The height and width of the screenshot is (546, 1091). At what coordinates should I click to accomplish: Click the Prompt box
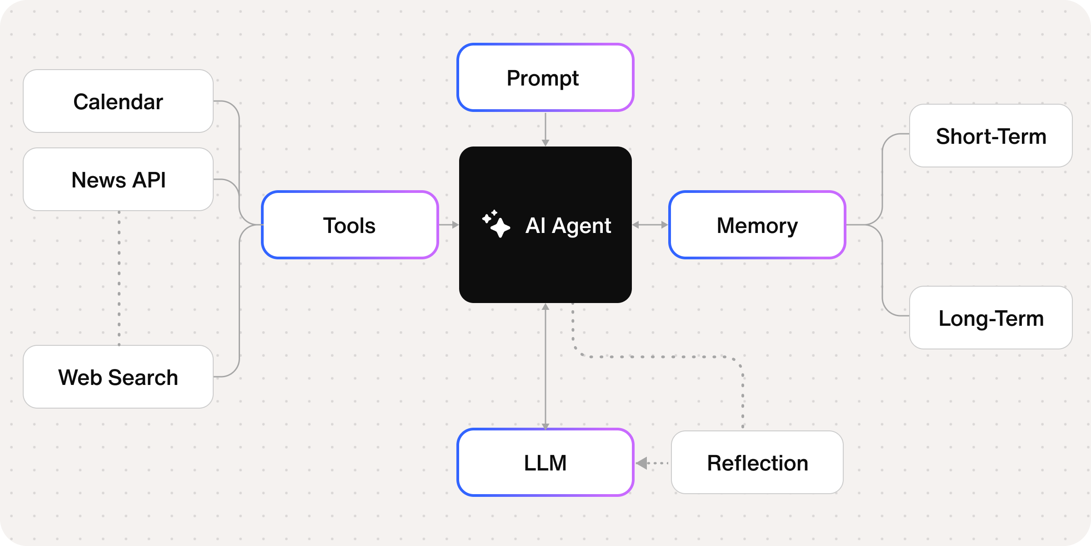coord(545,78)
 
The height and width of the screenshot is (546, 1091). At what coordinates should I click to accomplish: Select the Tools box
coord(350,225)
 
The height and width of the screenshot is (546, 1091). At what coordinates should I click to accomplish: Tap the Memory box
coord(757,225)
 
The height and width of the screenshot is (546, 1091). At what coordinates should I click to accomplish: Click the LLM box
coord(545,463)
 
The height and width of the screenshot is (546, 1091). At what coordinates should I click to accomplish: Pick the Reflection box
coord(757,463)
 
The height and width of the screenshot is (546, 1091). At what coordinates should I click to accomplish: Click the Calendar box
coord(118,101)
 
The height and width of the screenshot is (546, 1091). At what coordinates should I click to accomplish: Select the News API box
coord(118,180)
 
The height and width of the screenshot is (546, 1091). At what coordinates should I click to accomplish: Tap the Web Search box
coord(118,377)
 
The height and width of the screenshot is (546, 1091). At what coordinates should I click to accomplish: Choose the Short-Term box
coord(991,136)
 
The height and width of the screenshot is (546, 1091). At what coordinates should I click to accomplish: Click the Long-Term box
coord(991,318)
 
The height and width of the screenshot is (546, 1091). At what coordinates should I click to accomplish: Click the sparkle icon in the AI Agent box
coord(496,224)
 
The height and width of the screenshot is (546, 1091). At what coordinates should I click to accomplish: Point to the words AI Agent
coord(568,225)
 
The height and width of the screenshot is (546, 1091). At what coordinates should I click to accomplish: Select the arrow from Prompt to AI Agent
coord(545,129)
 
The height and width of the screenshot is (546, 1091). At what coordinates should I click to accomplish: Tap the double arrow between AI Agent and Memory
coord(650,225)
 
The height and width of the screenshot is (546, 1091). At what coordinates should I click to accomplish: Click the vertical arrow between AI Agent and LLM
coord(545,366)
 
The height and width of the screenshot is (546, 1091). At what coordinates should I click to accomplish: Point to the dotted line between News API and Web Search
coord(119,278)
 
